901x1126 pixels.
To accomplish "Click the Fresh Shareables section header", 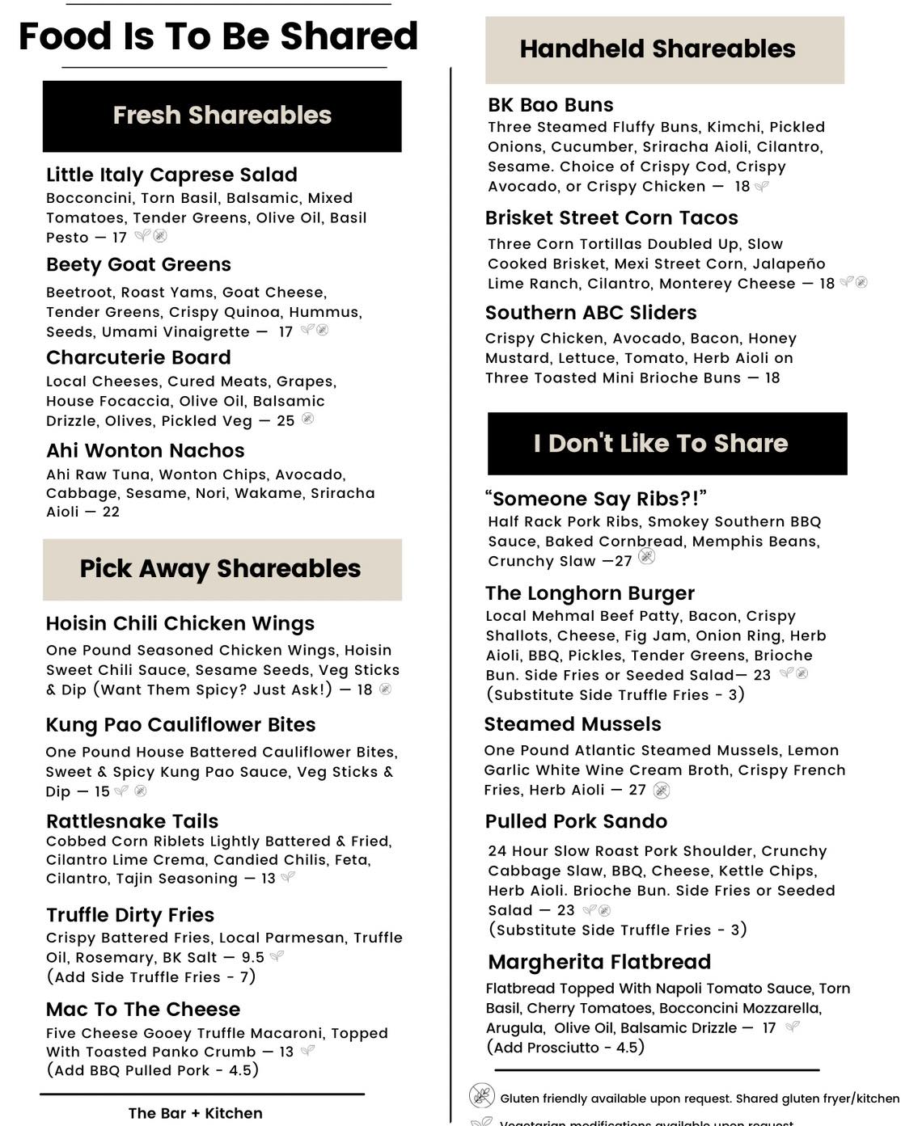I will pos(222,116).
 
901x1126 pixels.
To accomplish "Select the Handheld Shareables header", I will pos(657,49).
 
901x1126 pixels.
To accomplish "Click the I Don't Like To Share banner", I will pos(660,444).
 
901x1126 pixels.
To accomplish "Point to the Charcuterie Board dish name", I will pos(138,358).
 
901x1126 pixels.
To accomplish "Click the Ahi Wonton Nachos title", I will pos(145,451).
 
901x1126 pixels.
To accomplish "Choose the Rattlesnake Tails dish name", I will pos(132,821).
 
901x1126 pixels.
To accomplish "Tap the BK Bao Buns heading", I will pos(550,105).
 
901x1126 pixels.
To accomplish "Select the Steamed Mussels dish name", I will pos(572,724).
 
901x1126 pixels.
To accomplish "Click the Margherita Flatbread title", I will pos(599,962).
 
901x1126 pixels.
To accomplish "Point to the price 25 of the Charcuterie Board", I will pos(286,421).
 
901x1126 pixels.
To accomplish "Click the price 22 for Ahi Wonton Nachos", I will pos(111,512).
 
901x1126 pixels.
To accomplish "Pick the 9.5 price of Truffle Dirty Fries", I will pos(252,958).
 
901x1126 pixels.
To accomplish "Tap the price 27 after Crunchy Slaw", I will pos(623,562).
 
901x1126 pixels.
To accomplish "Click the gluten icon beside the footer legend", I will pos(482,1096).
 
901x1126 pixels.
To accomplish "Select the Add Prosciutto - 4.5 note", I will pos(565,1048).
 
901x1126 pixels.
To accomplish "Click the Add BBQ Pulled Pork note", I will pos(152,1070).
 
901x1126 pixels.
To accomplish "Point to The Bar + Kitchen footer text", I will pos(195,1114).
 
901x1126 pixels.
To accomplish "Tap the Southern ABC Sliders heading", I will pos(590,313).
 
